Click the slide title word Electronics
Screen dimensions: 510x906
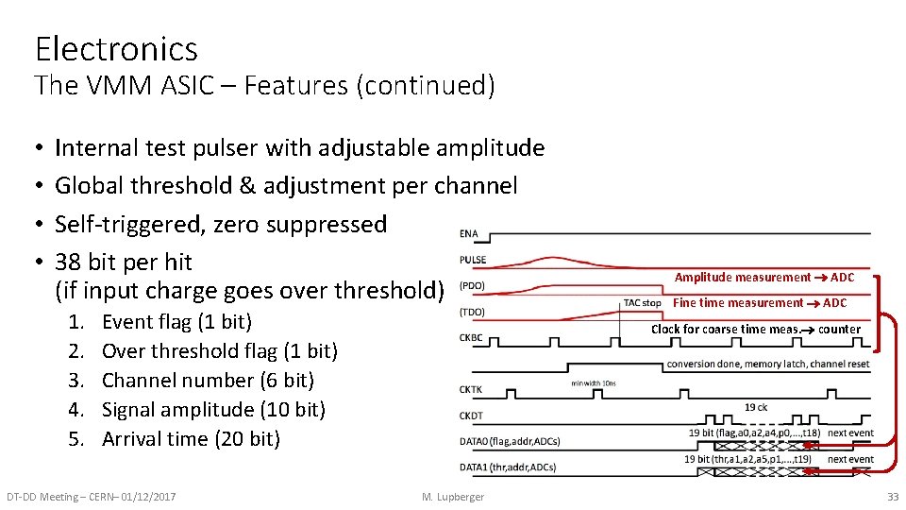coord(116,48)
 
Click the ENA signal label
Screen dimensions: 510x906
coord(468,233)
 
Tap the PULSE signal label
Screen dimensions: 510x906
coord(473,260)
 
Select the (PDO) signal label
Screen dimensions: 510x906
coord(473,286)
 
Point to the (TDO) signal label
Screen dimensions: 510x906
coord(473,312)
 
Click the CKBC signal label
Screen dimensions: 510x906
coord(471,337)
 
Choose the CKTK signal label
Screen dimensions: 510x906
coord(471,388)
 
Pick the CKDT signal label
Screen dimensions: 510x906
coord(471,415)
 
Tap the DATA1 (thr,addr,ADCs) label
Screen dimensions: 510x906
coord(507,467)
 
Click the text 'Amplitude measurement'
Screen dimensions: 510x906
coord(742,278)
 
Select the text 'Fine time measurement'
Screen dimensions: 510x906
coord(737,303)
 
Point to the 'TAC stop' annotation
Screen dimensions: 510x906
coord(642,303)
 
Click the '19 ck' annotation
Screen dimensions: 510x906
coord(756,407)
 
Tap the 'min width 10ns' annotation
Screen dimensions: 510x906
coord(594,383)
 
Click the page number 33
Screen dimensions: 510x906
coord(893,497)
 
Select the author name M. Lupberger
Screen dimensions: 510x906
coord(453,497)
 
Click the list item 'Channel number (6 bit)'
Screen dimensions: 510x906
coord(208,381)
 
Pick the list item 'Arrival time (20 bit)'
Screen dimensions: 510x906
coord(191,439)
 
